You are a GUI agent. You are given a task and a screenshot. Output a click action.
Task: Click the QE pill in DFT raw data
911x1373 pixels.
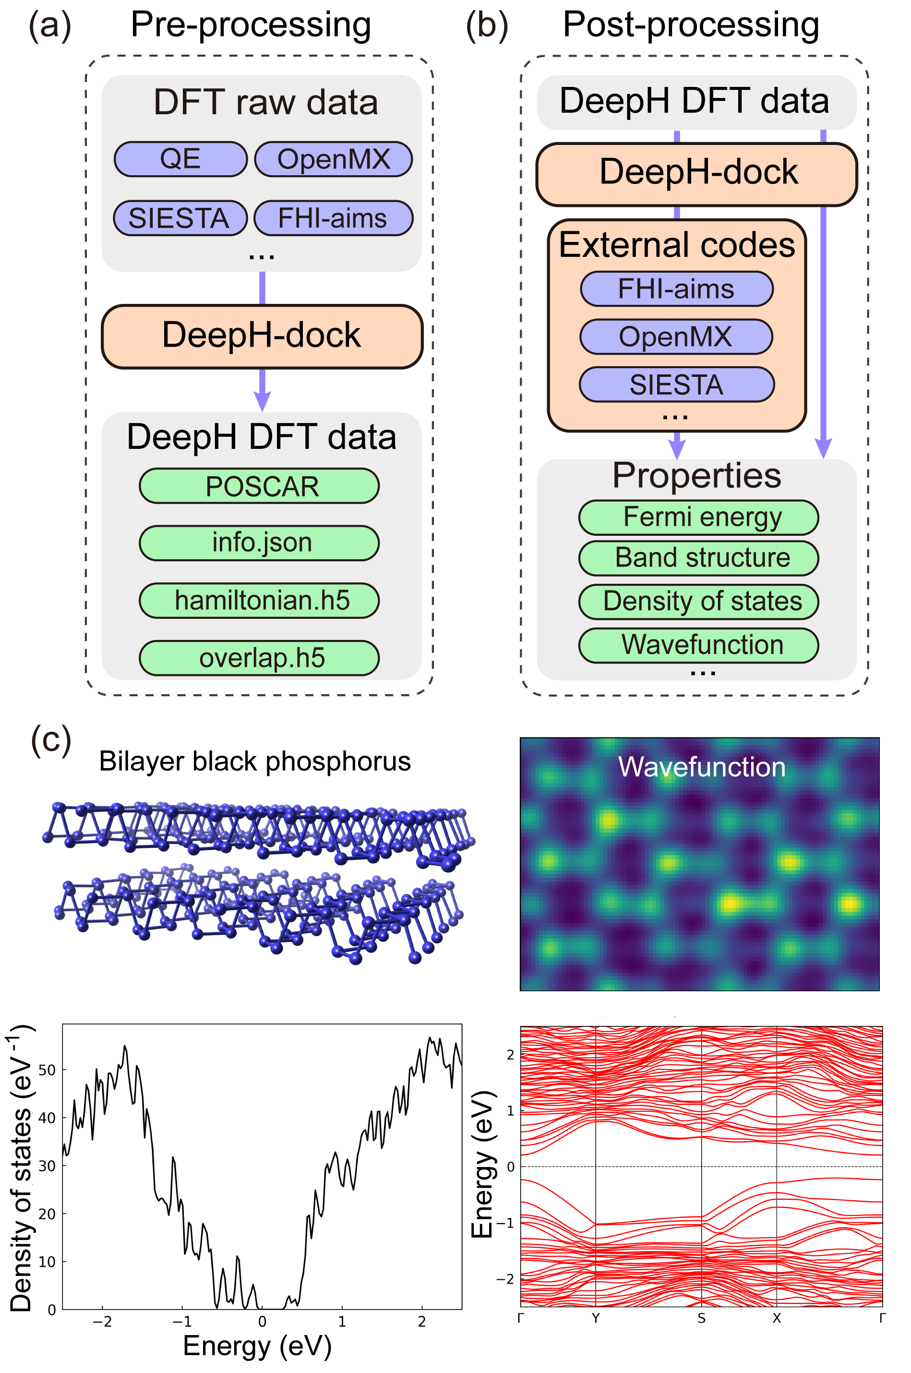click(180, 158)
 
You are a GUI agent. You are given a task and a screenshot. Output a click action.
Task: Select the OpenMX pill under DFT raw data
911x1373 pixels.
click(334, 158)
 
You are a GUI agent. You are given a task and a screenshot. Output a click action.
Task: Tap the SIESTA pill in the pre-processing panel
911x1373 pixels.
click(180, 218)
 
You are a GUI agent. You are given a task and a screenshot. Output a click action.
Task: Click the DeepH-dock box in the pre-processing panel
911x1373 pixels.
click(262, 336)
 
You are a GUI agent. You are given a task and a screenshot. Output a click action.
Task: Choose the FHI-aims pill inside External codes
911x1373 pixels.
click(676, 289)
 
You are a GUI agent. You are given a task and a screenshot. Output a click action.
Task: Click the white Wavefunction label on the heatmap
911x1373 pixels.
click(701, 767)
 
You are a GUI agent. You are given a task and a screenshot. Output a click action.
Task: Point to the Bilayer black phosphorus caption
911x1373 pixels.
click(254, 761)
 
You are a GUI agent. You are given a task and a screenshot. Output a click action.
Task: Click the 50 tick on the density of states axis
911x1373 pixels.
click(48, 1070)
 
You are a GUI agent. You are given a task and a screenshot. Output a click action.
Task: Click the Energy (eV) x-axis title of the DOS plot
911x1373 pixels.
click(257, 1346)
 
